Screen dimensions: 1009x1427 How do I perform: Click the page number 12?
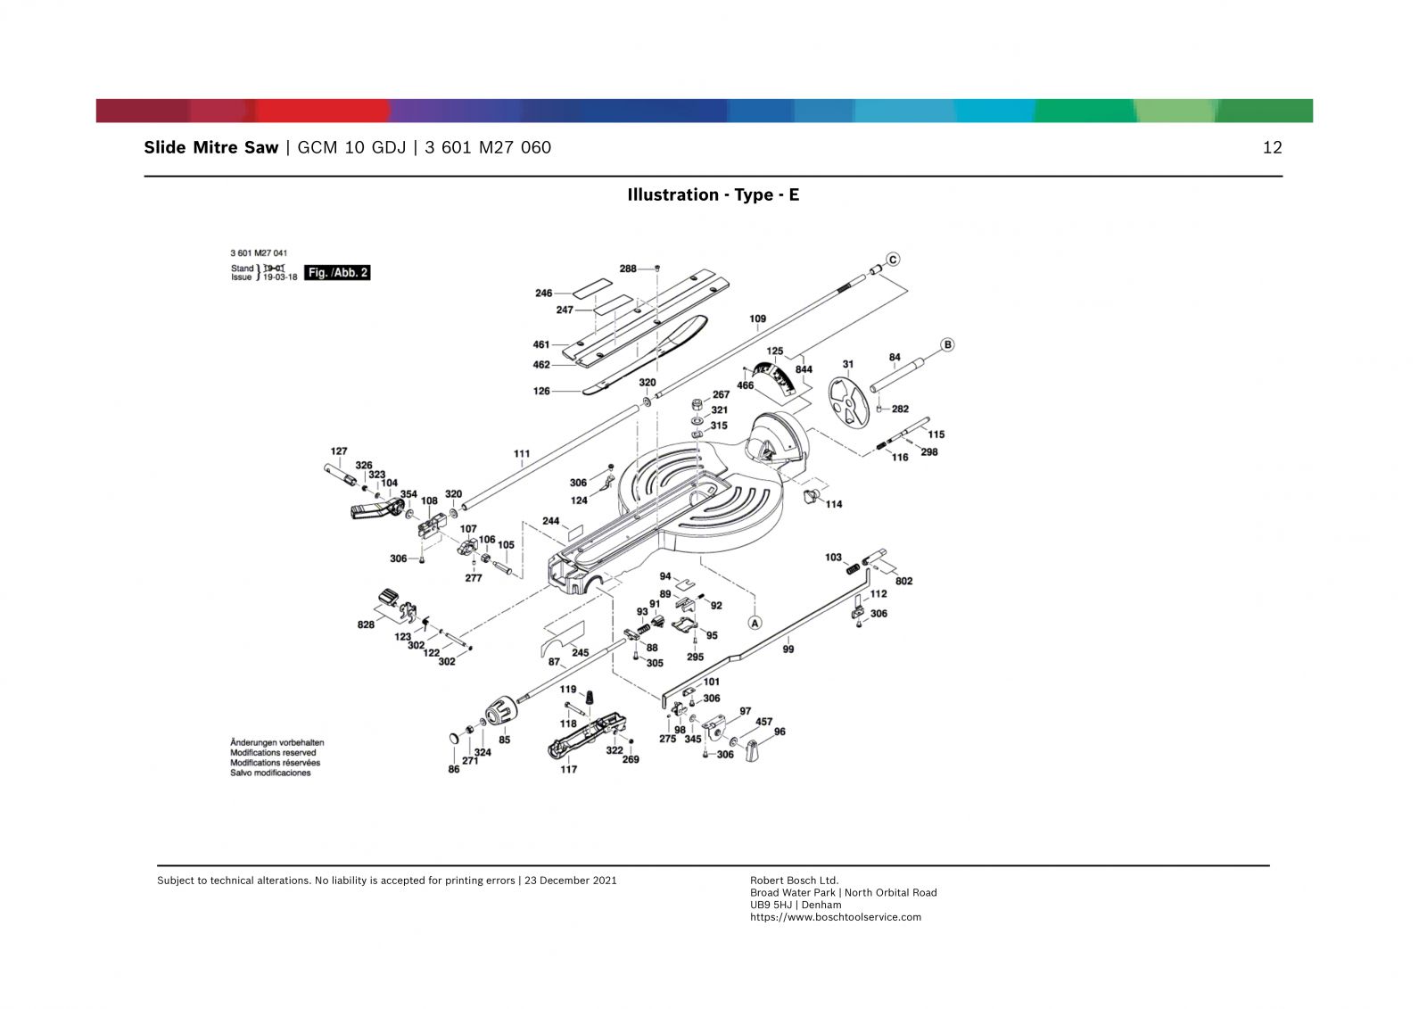pyautogui.click(x=1272, y=148)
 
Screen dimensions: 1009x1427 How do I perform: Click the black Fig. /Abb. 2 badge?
pyautogui.click(x=337, y=273)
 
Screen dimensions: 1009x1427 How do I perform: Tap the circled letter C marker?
pyautogui.click(x=893, y=260)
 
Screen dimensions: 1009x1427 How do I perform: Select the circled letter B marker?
pyautogui.click(x=947, y=344)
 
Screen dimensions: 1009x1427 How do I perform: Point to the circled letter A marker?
pyautogui.click(x=755, y=622)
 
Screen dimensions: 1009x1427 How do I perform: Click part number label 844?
pyautogui.click(x=804, y=369)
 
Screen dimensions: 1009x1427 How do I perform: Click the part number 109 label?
pyautogui.click(x=757, y=318)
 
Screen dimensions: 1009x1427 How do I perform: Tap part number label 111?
pyautogui.click(x=522, y=454)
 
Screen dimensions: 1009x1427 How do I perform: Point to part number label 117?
pyautogui.click(x=568, y=769)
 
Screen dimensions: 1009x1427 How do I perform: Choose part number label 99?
pyautogui.click(x=788, y=649)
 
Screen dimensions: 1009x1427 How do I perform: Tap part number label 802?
pyautogui.click(x=903, y=581)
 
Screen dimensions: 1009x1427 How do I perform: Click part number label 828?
pyautogui.click(x=366, y=624)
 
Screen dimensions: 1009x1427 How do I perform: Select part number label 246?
pyautogui.click(x=543, y=293)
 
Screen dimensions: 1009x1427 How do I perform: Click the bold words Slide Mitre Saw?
pyautogui.click(x=211, y=148)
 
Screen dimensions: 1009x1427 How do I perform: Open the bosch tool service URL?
pyautogui.click(x=835, y=917)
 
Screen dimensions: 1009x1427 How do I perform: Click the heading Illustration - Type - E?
pyautogui.click(x=713, y=194)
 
